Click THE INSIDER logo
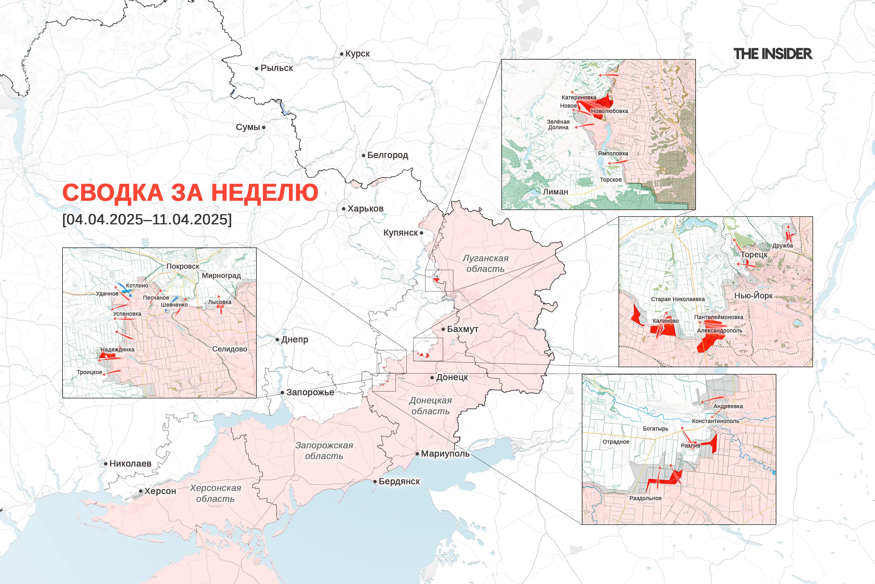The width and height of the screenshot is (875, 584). pyautogui.click(x=773, y=54)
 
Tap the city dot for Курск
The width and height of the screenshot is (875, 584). pyautogui.click(x=341, y=54)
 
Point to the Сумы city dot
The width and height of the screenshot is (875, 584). pyautogui.click(x=264, y=127)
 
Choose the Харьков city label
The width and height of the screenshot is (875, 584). pyautogui.click(x=365, y=209)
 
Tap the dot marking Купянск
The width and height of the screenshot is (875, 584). pyautogui.click(x=421, y=233)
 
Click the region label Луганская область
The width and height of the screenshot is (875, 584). pyautogui.click(x=485, y=263)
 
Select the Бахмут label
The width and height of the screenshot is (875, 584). pyautogui.click(x=463, y=329)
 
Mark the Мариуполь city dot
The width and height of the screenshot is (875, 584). pyautogui.click(x=417, y=454)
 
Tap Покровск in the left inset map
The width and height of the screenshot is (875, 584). pyautogui.click(x=183, y=266)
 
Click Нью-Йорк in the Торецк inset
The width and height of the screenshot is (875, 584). pyautogui.click(x=753, y=295)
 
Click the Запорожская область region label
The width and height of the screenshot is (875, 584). pyautogui.click(x=324, y=450)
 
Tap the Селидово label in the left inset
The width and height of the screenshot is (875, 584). pyautogui.click(x=229, y=349)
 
